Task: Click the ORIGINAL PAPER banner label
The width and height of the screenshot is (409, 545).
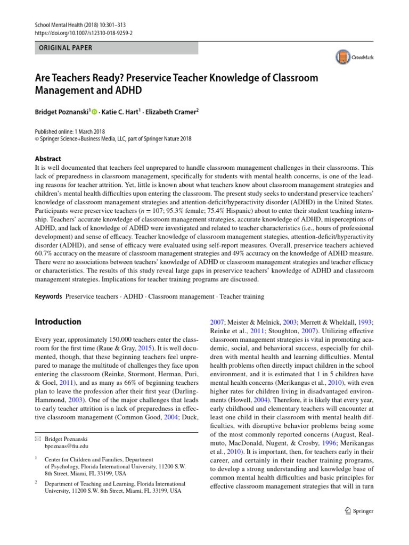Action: [63, 48]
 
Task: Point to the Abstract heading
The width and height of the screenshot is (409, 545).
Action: [48, 159]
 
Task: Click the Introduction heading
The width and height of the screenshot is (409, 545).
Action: [58, 321]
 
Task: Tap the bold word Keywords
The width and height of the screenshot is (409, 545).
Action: [49, 296]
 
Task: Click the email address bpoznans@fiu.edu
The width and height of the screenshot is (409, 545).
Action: [67, 445]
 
